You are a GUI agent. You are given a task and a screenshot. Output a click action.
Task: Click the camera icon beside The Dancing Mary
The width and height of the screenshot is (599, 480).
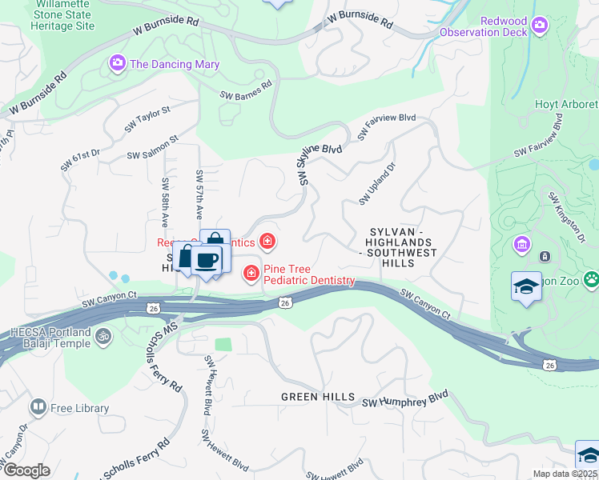118,62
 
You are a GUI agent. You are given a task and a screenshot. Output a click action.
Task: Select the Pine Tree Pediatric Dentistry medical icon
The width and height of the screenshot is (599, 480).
251,274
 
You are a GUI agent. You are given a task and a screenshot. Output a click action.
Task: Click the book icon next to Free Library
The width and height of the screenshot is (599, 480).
38,408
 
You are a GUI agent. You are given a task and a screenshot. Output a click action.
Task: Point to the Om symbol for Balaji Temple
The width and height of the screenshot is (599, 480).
101,338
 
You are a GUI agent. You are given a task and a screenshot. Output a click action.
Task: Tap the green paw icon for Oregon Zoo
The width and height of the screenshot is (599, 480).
591,279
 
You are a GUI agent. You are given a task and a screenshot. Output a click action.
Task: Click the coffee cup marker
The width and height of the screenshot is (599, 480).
207,260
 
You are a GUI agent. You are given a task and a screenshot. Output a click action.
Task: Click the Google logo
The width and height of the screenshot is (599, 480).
26,470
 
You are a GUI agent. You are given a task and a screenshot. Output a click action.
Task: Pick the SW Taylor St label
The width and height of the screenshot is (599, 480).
147,120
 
